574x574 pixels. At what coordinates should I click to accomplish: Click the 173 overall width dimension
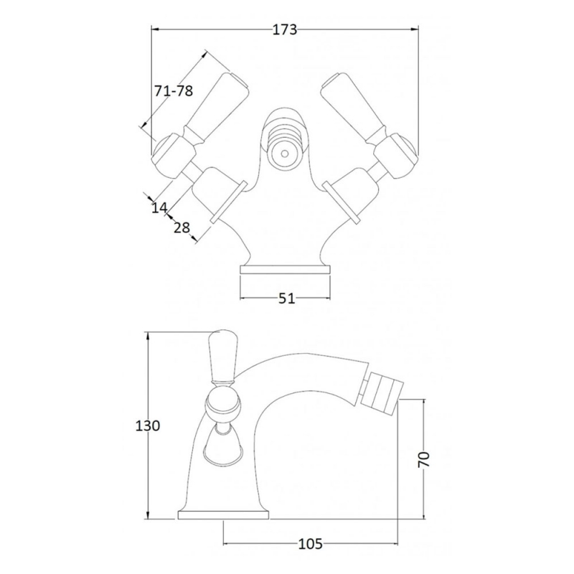[284, 30]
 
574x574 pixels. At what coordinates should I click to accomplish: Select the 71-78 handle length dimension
[173, 91]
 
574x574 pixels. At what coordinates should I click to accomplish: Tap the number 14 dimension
[159, 207]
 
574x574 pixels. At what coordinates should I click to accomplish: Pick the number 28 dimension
[182, 227]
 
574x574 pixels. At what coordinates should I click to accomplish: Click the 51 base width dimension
[286, 298]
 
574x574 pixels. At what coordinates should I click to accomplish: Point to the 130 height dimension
[148, 425]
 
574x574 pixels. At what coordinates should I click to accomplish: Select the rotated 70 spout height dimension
[424, 459]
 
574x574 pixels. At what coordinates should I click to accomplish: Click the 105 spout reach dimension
[311, 544]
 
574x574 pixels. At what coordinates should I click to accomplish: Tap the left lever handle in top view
[217, 105]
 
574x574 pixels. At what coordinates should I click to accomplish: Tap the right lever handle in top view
[354, 105]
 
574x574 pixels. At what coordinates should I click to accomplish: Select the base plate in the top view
[285, 270]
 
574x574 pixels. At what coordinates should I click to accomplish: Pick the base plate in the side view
[223, 515]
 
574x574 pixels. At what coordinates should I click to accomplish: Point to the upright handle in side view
[222, 356]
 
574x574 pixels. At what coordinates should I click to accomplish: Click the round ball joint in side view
[222, 405]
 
